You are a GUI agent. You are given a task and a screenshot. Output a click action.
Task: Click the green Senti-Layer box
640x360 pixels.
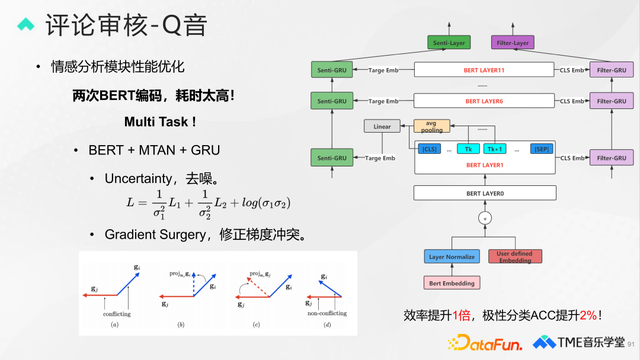coord(449,43)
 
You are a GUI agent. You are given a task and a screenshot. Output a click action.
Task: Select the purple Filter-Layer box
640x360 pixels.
coord(516,43)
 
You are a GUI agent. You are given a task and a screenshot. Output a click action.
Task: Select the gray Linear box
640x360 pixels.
coord(382,126)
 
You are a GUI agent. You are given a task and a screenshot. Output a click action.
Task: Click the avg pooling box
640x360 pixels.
coord(432,126)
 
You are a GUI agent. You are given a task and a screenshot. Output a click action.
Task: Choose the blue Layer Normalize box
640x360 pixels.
coord(452,256)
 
